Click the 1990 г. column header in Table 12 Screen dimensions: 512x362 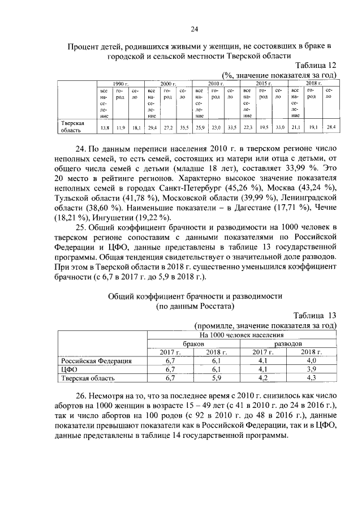(x=120, y=83)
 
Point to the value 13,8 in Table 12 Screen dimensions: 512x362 (x=104, y=127)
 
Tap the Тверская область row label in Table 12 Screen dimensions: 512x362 (x=72, y=126)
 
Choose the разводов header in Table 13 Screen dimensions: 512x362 (x=288, y=343)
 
